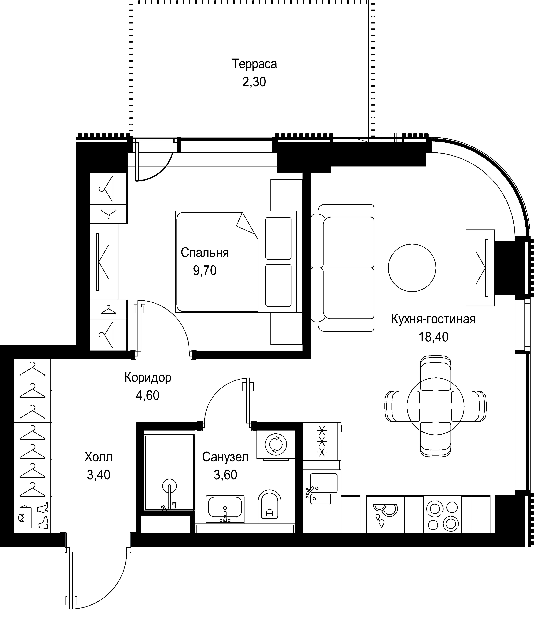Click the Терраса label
coord(254,64)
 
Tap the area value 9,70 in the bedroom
coord(205,271)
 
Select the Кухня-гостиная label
coord(433,319)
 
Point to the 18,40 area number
coord(433,337)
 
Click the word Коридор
coord(148,378)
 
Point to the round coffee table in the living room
coord(412,268)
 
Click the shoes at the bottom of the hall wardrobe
coord(43,515)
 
